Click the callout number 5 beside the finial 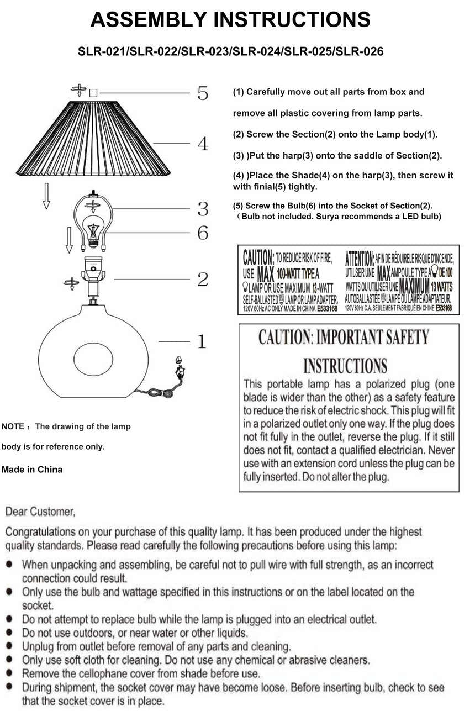tap(203, 93)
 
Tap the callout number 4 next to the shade tap(203, 144)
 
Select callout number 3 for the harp tap(203, 209)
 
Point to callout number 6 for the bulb tap(203, 233)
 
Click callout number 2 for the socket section tap(203, 280)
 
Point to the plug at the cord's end tap(178, 366)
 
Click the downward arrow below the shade tap(46, 196)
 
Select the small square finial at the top tap(93, 93)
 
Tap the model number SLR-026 tap(359, 52)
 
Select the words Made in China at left tap(32, 470)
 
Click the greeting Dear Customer tap(40, 512)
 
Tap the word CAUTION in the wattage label tap(258, 257)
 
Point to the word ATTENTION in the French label tap(360, 257)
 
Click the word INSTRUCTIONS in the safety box tap(345, 366)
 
